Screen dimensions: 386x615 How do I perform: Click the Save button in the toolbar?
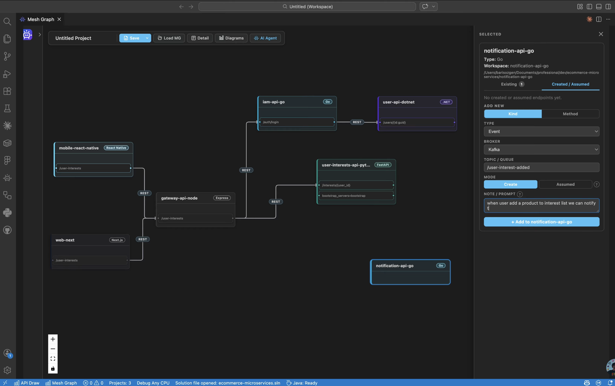tap(132, 38)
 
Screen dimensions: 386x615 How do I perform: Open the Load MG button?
tap(169, 38)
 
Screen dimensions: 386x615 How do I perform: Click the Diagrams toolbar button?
tap(231, 38)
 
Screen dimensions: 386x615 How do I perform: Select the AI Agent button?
tap(265, 38)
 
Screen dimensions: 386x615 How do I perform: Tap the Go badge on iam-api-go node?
tap(327, 102)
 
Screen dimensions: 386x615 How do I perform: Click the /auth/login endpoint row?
tap(297, 122)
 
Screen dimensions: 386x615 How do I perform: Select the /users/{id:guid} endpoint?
tap(417, 122)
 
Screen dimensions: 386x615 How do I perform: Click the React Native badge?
tap(116, 148)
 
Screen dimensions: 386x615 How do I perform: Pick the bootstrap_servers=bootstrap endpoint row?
tap(356, 196)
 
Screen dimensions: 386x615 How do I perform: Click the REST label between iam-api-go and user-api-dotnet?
tap(357, 122)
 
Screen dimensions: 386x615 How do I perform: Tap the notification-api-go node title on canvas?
tap(394, 265)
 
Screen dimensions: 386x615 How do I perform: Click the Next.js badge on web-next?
tap(117, 240)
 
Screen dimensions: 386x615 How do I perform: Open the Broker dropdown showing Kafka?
tap(541, 149)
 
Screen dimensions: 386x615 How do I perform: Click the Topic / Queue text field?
tap(541, 167)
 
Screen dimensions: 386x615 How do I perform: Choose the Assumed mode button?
tap(565, 184)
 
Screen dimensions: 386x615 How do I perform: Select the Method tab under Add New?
tap(570, 114)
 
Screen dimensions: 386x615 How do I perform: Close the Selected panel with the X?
tap(601, 34)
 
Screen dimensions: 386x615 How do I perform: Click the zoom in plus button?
tap(53, 339)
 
